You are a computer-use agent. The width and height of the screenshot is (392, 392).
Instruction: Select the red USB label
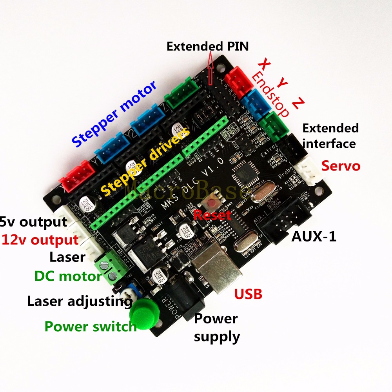[x=248, y=294]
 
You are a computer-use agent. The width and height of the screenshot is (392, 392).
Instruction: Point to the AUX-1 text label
[x=314, y=236]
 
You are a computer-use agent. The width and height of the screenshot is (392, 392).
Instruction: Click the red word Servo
[x=341, y=166]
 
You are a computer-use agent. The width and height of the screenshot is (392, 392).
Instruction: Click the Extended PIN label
[x=207, y=47]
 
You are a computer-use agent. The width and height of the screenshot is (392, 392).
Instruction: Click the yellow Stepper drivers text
[x=145, y=160]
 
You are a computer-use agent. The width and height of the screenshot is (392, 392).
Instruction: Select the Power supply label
[x=216, y=327]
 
